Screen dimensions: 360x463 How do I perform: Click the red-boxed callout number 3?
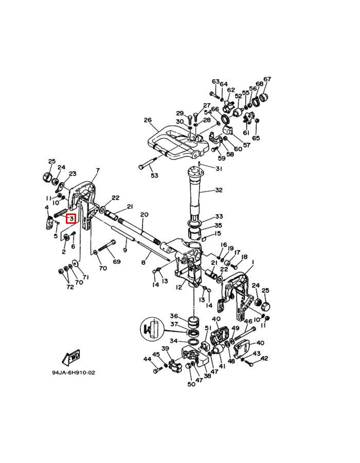(x=71, y=219)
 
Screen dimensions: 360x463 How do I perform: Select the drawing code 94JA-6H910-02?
(x=74, y=372)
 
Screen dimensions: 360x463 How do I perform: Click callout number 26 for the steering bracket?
(x=148, y=120)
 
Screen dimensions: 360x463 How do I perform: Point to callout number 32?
(x=219, y=190)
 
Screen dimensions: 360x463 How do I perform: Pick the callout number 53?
(x=154, y=175)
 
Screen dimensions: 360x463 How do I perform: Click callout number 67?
(x=267, y=79)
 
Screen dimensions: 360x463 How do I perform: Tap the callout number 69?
(x=117, y=261)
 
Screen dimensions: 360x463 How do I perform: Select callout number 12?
(x=179, y=287)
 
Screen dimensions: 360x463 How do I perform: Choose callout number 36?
(x=174, y=316)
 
